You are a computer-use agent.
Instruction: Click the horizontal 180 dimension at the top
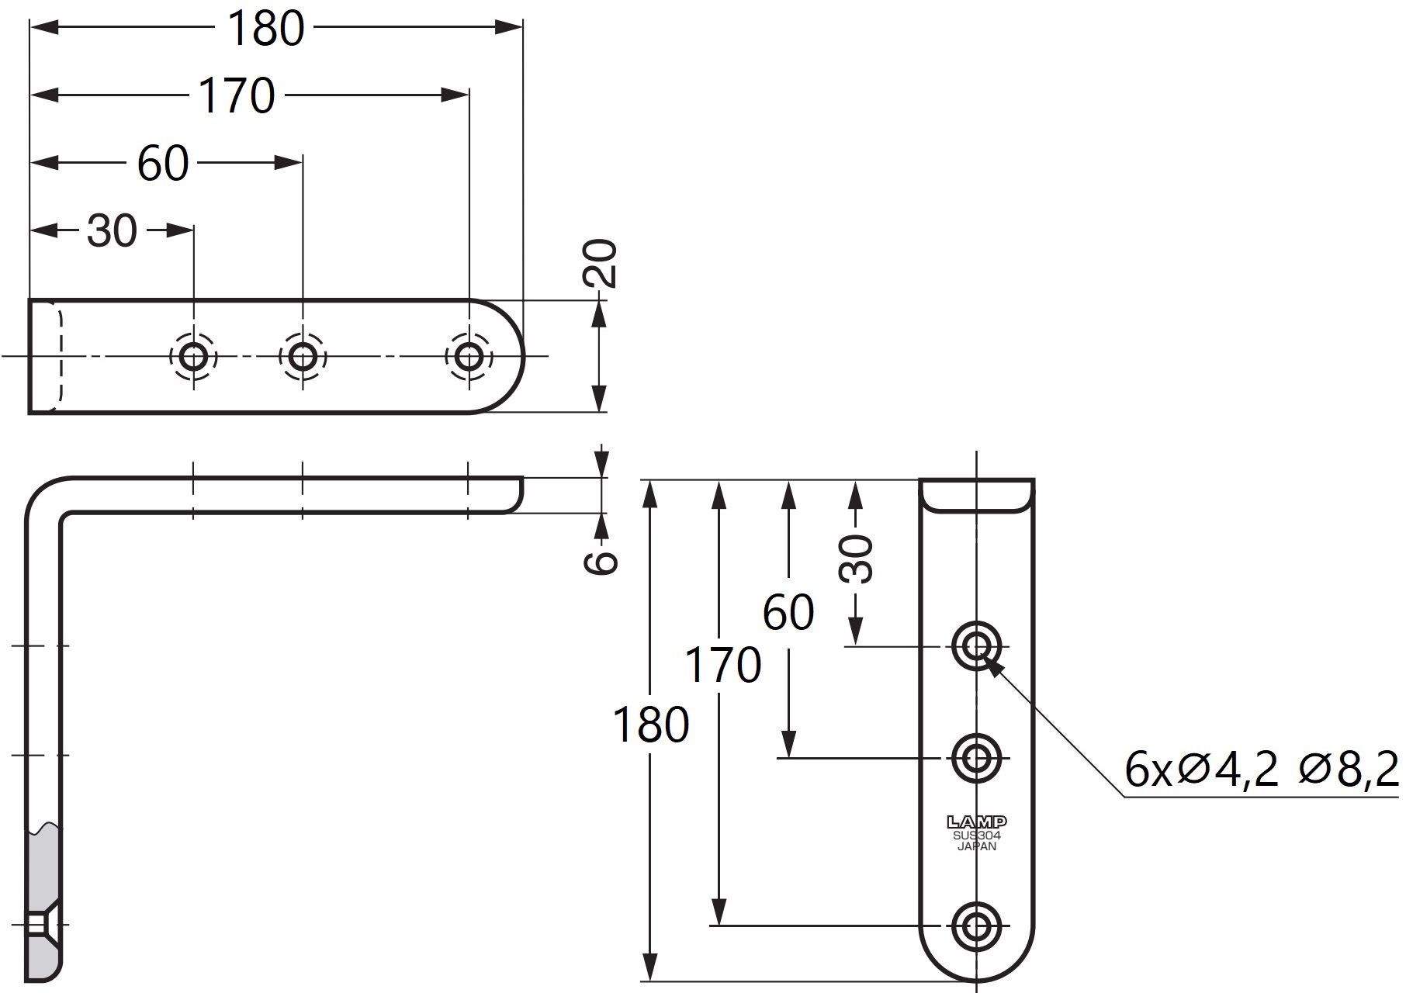click(x=266, y=29)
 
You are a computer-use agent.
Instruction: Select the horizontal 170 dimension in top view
click(x=237, y=96)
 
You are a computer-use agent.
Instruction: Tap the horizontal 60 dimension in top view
click(x=163, y=164)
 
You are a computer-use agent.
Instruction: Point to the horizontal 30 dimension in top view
click(x=112, y=231)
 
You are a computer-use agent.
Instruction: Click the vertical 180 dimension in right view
click(x=651, y=725)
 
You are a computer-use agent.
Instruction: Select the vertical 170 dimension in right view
click(x=722, y=665)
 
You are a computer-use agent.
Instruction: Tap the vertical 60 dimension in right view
click(x=788, y=612)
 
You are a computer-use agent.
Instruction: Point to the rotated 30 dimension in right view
click(x=856, y=559)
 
